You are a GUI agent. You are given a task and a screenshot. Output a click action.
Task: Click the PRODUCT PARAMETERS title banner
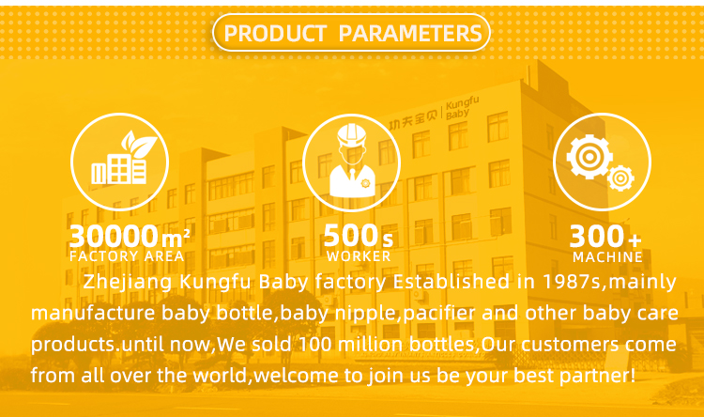(352, 34)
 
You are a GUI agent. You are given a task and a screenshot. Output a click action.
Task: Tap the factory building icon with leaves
(119, 162)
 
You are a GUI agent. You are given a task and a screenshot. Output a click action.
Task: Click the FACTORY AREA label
(127, 256)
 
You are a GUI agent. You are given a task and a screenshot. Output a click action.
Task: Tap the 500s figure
(358, 236)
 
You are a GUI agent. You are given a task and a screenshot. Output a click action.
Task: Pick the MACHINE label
(607, 256)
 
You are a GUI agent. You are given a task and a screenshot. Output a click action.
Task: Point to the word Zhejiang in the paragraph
(125, 282)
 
